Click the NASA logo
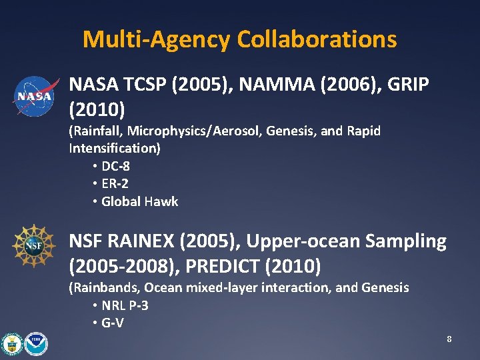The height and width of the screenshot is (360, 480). click(34, 96)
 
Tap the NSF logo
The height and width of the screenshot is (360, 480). click(33, 246)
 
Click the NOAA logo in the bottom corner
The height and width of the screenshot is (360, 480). click(37, 343)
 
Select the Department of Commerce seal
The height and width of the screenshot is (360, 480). click(12, 343)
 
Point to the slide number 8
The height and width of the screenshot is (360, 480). click(449, 339)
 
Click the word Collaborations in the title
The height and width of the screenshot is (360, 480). click(315, 39)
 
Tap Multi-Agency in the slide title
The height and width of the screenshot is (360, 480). click(156, 39)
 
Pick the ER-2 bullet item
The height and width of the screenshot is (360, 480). click(114, 184)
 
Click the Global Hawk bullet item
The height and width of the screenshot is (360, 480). click(139, 201)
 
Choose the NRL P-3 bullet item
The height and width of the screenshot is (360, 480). click(124, 306)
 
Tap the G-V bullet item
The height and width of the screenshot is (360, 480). click(111, 323)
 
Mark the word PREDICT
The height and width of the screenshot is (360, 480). click(223, 266)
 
